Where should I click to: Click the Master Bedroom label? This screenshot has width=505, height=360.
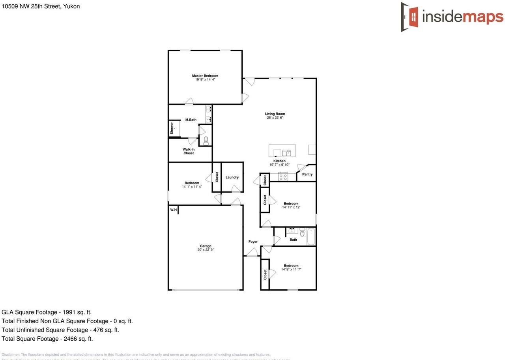coord(205,76)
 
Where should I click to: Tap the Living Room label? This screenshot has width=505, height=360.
coord(275,114)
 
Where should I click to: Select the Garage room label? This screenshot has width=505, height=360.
coord(205,246)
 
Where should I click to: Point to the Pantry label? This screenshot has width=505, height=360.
coord(307,174)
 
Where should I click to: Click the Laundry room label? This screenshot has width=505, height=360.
coord(232,178)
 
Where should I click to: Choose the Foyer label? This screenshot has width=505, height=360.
coord(253,242)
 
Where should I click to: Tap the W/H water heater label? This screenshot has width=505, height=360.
coord(174,210)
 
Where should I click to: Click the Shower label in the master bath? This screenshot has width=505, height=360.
coord(172,128)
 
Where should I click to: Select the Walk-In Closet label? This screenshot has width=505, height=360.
coord(189,151)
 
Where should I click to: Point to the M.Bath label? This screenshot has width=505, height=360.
coord(191,120)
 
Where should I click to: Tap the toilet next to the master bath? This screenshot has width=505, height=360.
coord(206,140)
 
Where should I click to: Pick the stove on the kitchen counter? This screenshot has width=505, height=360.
coord(283,176)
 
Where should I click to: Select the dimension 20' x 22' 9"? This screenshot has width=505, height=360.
coord(206,250)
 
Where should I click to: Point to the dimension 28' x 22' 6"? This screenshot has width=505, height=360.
coord(275,118)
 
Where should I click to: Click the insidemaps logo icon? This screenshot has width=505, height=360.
coord(410,17)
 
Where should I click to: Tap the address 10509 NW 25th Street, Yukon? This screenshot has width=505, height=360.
coord(41,6)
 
